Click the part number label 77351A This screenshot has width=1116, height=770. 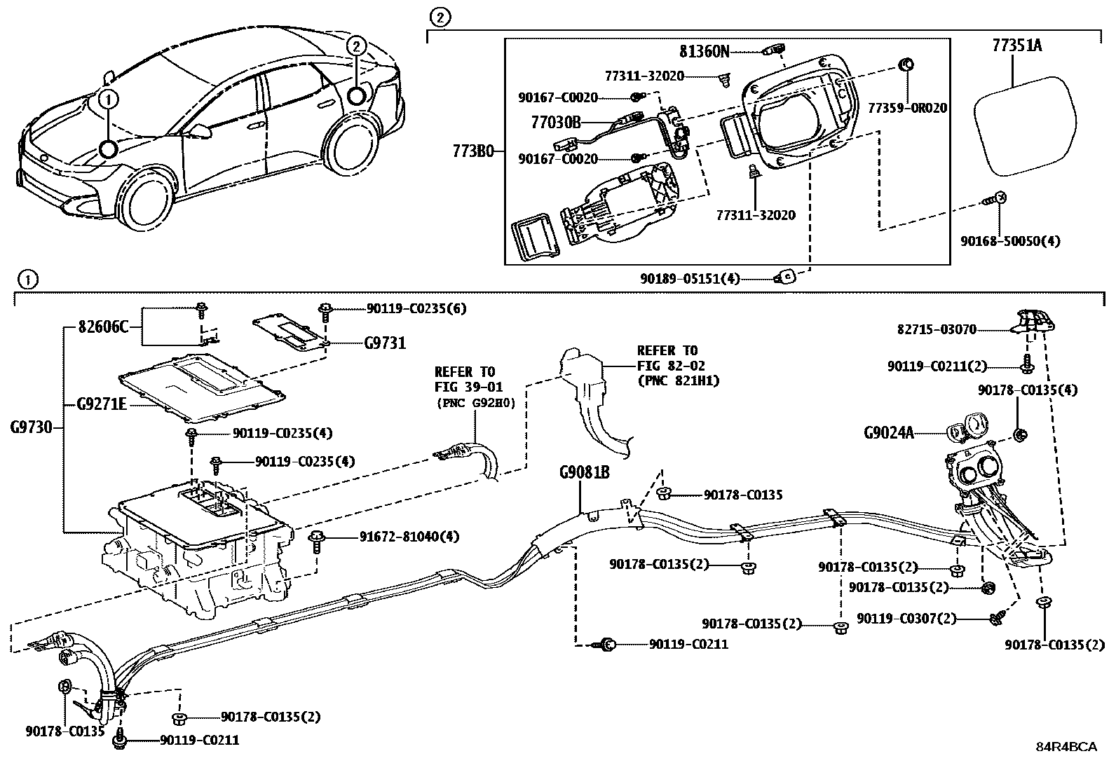[x=1016, y=46]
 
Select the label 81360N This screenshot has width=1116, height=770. [x=704, y=51]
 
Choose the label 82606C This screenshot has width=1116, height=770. [x=104, y=326]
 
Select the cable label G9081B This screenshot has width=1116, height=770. [x=584, y=472]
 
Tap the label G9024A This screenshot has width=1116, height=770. [x=889, y=432]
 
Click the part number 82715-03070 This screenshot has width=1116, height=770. [x=937, y=329]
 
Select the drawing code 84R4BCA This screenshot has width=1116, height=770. [x=1066, y=746]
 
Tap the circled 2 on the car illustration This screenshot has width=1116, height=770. [x=356, y=47]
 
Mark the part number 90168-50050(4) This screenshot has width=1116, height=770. [x=1010, y=241]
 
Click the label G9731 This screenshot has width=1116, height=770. [x=385, y=343]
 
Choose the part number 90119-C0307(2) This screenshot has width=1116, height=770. [x=906, y=619]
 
